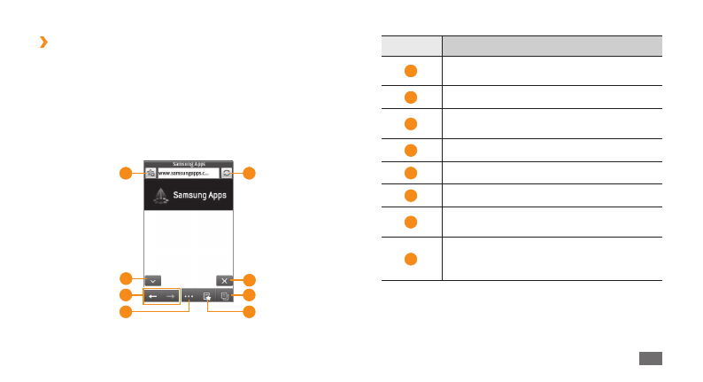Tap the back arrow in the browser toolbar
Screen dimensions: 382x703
point(152,296)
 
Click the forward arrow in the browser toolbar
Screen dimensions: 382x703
point(170,296)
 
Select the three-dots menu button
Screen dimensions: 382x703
point(189,296)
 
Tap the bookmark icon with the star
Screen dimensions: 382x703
point(206,296)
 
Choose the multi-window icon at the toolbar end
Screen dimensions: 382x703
point(224,296)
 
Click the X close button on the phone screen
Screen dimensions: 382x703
point(224,279)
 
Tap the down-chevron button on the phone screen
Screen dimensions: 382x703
point(152,279)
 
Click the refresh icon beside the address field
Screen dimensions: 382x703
point(226,173)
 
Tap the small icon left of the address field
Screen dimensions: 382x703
point(151,173)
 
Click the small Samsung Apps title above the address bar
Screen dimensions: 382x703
point(188,164)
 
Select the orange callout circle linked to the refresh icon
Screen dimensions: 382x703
point(250,173)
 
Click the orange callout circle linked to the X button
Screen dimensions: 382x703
point(250,279)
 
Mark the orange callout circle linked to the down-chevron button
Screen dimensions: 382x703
point(127,279)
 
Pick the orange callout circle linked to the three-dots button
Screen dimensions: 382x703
point(127,312)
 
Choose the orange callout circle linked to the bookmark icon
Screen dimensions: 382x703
point(250,312)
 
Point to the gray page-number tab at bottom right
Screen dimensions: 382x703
point(650,356)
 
